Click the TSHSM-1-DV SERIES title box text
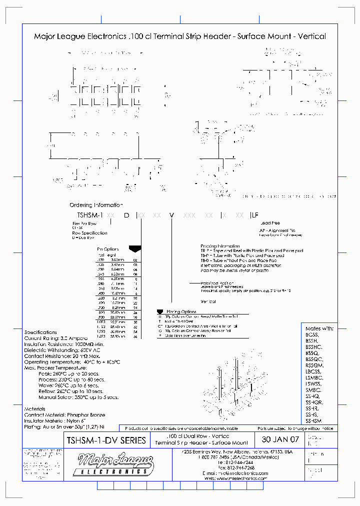[106, 440]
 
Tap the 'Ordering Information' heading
[96, 205]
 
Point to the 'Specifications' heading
[40, 332]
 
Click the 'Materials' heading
[34, 409]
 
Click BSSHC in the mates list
[313, 346]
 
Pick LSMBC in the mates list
[313, 377]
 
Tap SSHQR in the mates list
[314, 402]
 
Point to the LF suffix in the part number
[255, 214]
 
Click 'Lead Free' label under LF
[270, 223]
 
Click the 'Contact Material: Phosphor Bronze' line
[65, 415]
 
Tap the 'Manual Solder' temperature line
[78, 397]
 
